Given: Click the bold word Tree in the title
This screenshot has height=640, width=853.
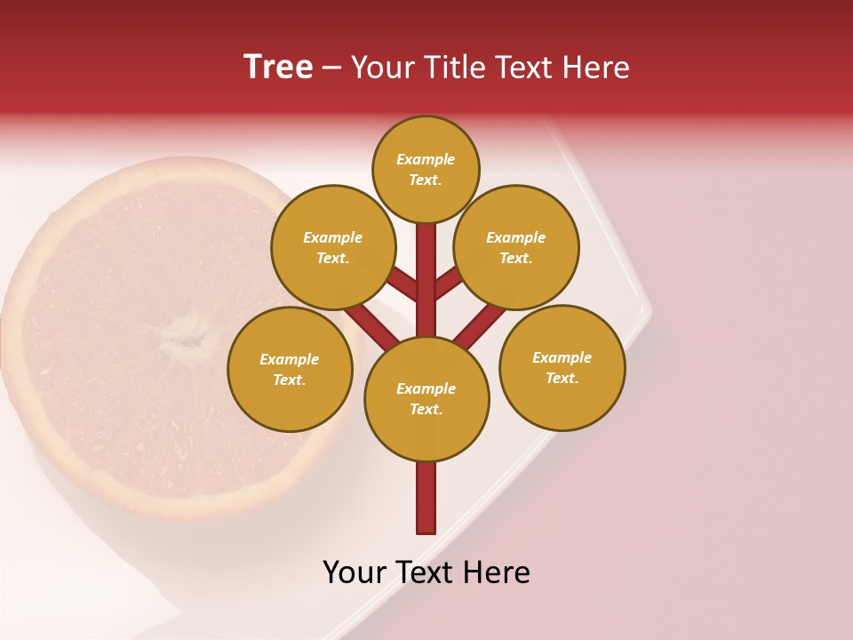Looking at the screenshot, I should pyautogui.click(x=278, y=67).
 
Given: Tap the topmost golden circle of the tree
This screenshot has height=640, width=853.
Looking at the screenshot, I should pyautogui.click(x=426, y=169).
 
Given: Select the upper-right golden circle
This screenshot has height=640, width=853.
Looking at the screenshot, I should pyautogui.click(x=516, y=247).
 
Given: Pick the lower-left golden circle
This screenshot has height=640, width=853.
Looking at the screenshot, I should pyautogui.click(x=290, y=369).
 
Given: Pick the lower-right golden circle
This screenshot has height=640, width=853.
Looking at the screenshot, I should pyautogui.click(x=562, y=367).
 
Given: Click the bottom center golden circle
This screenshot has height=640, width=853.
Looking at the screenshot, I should pyautogui.click(x=426, y=398).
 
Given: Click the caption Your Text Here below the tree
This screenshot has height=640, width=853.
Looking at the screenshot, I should pyautogui.click(x=426, y=572).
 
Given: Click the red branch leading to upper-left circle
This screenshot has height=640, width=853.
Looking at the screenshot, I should pyautogui.click(x=403, y=286).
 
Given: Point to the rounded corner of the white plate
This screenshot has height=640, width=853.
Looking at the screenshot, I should pyautogui.click(x=646, y=311).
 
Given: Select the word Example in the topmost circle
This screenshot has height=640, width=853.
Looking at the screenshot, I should pyautogui.click(x=426, y=159).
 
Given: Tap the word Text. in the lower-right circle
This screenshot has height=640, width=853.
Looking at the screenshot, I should pyautogui.click(x=562, y=378).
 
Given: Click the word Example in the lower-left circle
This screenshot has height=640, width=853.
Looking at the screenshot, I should pyautogui.click(x=290, y=359).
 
